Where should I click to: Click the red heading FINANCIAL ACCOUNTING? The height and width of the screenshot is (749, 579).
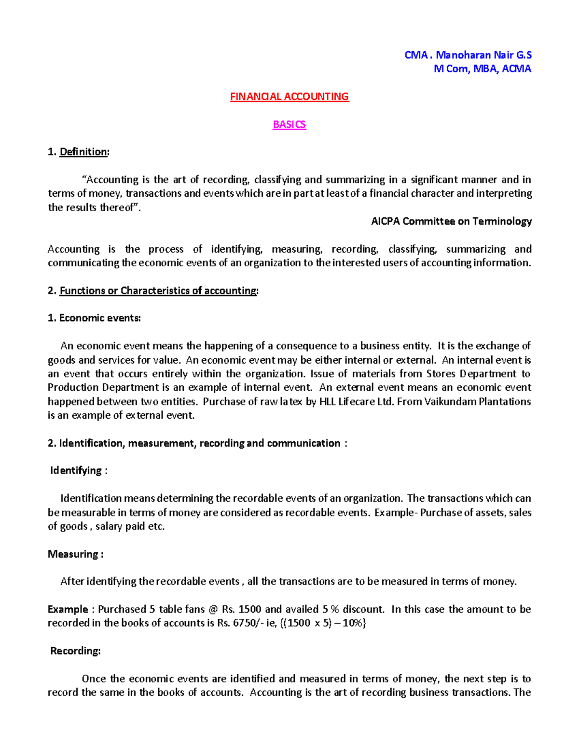(x=289, y=96)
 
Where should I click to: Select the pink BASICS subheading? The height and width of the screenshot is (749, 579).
(x=289, y=124)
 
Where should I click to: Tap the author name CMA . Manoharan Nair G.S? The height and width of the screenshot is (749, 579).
(x=468, y=55)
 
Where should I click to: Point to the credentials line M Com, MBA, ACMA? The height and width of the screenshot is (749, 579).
(x=482, y=69)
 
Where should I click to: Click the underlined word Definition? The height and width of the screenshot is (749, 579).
(x=83, y=152)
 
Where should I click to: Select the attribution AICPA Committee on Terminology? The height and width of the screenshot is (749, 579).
(x=451, y=221)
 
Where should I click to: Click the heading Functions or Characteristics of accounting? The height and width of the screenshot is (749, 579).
(x=158, y=290)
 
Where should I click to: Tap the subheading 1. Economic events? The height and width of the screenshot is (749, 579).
(x=94, y=318)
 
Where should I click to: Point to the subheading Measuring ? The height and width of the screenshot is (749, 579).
(x=75, y=554)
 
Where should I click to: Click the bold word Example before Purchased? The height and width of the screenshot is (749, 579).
(x=68, y=610)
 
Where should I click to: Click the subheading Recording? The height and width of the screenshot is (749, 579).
(x=75, y=651)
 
